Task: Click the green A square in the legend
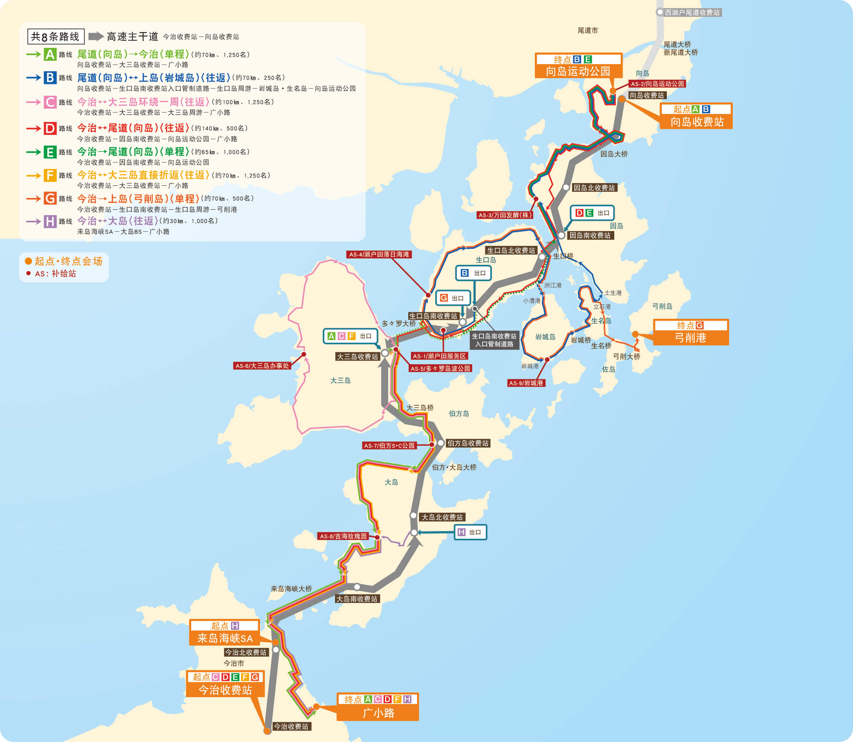coord(50,54)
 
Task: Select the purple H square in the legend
coord(50,221)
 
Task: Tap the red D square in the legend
coord(50,128)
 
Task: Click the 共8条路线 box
coord(55,36)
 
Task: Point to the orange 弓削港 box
coord(690,332)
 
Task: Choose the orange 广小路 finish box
coord(378,707)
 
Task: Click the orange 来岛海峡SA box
coord(225,633)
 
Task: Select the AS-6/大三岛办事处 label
coord(262,365)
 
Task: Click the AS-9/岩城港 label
coord(526,383)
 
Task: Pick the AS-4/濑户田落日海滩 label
coord(379,254)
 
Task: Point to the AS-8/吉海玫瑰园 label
coord(343,536)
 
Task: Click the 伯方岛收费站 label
coord(468,443)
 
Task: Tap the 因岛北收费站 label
coord(594,188)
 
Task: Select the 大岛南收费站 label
coord(357,599)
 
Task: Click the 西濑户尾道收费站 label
coord(692,13)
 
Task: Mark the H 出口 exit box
coord(471,532)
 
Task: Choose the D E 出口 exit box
coord(592,213)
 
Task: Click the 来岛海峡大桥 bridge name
coord(291,589)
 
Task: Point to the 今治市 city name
coord(234,663)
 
